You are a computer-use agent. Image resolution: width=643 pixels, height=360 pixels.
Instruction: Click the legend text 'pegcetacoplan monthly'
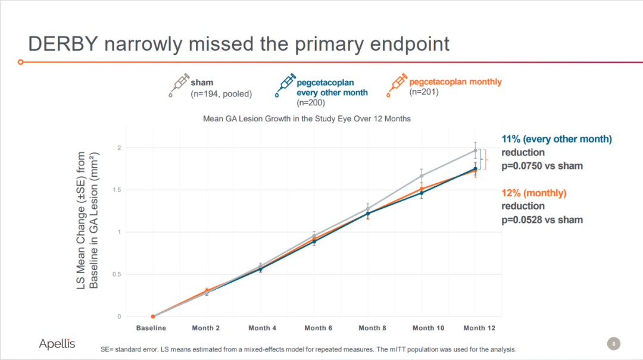(455, 82)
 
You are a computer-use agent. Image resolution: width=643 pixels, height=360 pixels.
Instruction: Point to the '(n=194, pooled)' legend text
(221, 93)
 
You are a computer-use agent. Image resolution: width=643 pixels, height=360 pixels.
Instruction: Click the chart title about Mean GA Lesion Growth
(307, 118)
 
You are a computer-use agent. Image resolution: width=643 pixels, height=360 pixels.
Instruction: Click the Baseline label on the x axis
(151, 328)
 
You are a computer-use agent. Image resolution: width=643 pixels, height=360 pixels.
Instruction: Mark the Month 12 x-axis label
(479, 328)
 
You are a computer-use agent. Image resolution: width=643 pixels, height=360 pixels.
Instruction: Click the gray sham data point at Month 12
(475, 150)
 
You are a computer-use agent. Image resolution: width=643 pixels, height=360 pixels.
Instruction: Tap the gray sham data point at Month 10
(422, 176)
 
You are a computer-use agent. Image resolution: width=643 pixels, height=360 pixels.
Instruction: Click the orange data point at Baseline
(153, 317)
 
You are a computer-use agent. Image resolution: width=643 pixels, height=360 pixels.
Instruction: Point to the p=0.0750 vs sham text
(542, 165)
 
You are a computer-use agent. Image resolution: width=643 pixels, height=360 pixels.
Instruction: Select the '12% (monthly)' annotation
(534, 193)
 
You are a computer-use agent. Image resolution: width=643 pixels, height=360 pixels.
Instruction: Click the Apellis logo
(57, 343)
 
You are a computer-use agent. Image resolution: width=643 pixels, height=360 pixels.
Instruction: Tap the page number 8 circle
(613, 343)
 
